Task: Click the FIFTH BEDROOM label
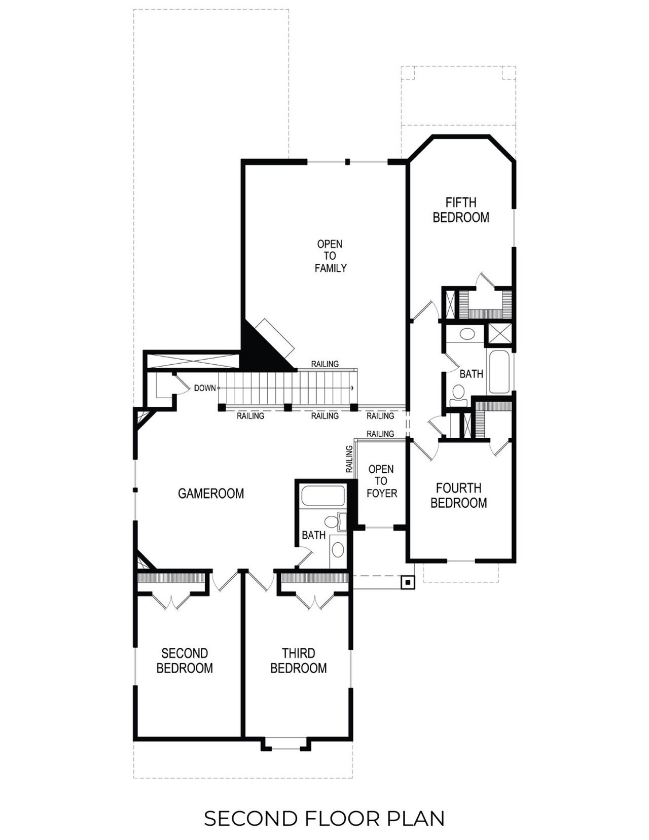click(461, 210)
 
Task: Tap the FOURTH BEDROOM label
click(458, 496)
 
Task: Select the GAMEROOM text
click(211, 494)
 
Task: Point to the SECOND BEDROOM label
click(185, 660)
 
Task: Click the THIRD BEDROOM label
click(298, 660)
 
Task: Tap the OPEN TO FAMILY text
click(330, 256)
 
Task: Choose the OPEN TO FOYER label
click(381, 481)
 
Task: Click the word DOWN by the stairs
click(205, 389)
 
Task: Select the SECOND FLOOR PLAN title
click(324, 819)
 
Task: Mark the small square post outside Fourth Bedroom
click(407, 583)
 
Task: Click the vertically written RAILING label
click(349, 460)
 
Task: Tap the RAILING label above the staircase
click(325, 364)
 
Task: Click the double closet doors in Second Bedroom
click(172, 601)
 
